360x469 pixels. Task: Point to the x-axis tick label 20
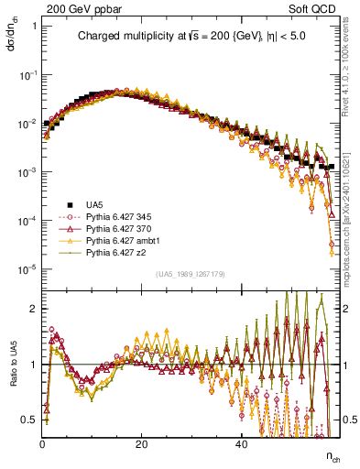pyautogui.click(x=141, y=444)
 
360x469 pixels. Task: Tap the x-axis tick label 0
pyautogui.click(x=43, y=444)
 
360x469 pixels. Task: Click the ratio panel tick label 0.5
pyautogui.click(x=28, y=420)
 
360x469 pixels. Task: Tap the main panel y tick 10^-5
pyautogui.click(x=27, y=268)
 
